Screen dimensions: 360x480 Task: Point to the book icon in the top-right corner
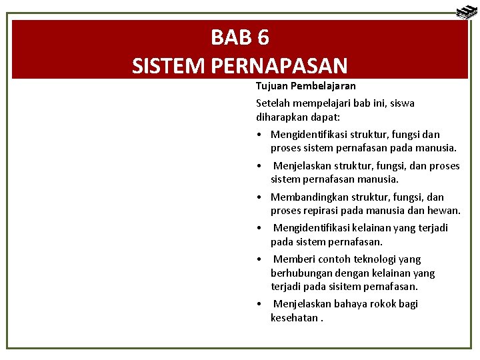coord(465,12)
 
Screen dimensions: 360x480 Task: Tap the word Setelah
coord(273,103)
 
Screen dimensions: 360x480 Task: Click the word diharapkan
coord(283,117)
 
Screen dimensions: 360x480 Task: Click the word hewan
coord(444,211)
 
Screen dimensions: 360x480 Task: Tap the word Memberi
coord(294,259)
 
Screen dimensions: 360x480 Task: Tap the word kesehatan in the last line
coord(294,318)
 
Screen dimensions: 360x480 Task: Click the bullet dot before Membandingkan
coord(258,197)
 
